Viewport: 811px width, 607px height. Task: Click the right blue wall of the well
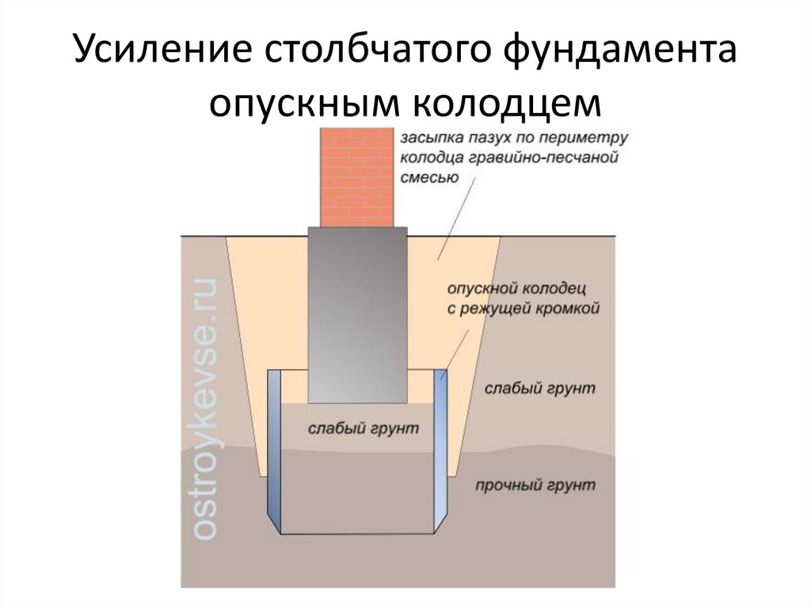pyautogui.click(x=440, y=451)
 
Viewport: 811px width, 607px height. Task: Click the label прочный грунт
pyautogui.click(x=535, y=485)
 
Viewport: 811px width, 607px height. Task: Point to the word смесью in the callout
pyautogui.click(x=428, y=179)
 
